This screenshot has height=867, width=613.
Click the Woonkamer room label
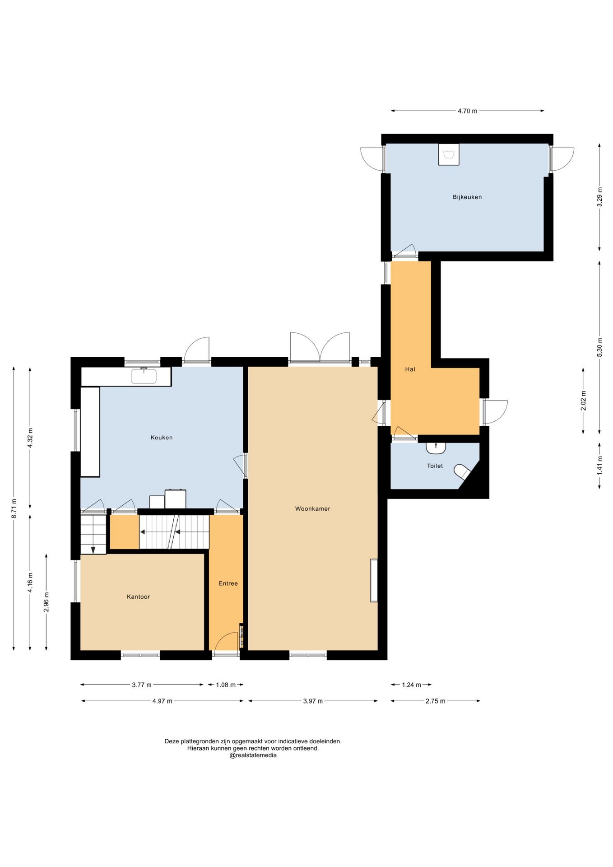coord(312,508)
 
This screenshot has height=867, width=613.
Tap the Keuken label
coord(162,437)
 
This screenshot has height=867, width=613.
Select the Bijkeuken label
coord(467,197)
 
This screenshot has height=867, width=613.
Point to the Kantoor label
coord(138,597)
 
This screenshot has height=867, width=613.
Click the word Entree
coord(228,583)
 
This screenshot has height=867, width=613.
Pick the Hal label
coord(410,369)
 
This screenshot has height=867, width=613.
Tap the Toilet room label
coord(435,466)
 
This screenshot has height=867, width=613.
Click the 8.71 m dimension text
coord(14,508)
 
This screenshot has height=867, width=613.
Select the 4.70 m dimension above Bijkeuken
coord(467,111)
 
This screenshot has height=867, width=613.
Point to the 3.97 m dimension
coord(313,701)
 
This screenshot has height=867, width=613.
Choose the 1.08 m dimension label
coord(226,685)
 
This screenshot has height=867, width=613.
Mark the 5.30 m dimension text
coord(599,347)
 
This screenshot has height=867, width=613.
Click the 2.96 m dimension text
coord(46,602)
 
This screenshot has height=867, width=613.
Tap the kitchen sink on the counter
coord(144,376)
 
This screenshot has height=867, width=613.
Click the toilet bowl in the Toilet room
coord(463,471)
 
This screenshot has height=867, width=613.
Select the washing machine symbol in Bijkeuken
coord(449,154)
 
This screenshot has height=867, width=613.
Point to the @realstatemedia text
coord(253,755)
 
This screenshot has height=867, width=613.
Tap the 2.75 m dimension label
coord(435,701)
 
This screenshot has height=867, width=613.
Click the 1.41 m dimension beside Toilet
coord(599,465)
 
